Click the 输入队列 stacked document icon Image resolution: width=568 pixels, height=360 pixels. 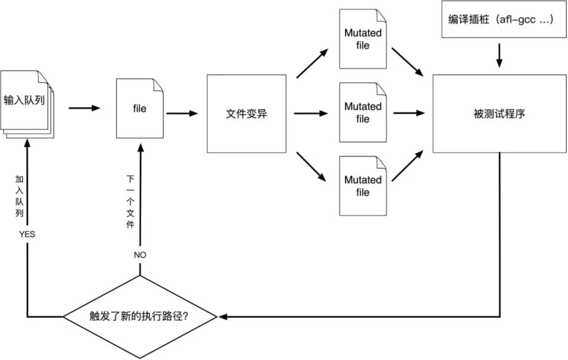pos(27,104)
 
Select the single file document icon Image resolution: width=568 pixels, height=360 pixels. pos(140,108)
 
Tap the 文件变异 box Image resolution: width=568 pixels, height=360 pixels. pos(247,114)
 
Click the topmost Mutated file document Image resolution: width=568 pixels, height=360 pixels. pos(363,39)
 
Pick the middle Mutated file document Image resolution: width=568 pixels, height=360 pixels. pos(363,112)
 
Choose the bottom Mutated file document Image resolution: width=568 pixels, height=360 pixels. pos(363,186)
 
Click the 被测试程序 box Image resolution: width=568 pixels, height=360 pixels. pos(499,114)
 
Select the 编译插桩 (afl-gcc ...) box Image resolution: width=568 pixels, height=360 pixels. pos(504,19)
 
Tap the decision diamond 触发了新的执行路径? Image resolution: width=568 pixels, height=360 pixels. pos(140,317)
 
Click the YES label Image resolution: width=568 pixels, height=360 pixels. pos(27,234)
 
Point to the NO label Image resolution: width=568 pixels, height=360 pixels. pos(140,255)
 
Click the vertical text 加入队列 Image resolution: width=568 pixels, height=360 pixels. pos(19,196)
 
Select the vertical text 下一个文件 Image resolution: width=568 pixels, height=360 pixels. pos(131,201)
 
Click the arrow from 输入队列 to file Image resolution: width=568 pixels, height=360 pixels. pos(85,108)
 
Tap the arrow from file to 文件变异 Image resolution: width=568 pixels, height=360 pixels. pos(182,113)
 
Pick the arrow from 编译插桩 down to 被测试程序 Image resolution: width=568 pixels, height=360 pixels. pos(499,55)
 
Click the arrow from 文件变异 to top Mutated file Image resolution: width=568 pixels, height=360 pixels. pos(312,63)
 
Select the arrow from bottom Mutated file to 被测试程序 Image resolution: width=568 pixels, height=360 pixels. pos(407,166)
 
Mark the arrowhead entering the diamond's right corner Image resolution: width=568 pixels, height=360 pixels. pos(223,316)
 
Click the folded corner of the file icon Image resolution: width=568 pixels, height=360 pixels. pos(158,85)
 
